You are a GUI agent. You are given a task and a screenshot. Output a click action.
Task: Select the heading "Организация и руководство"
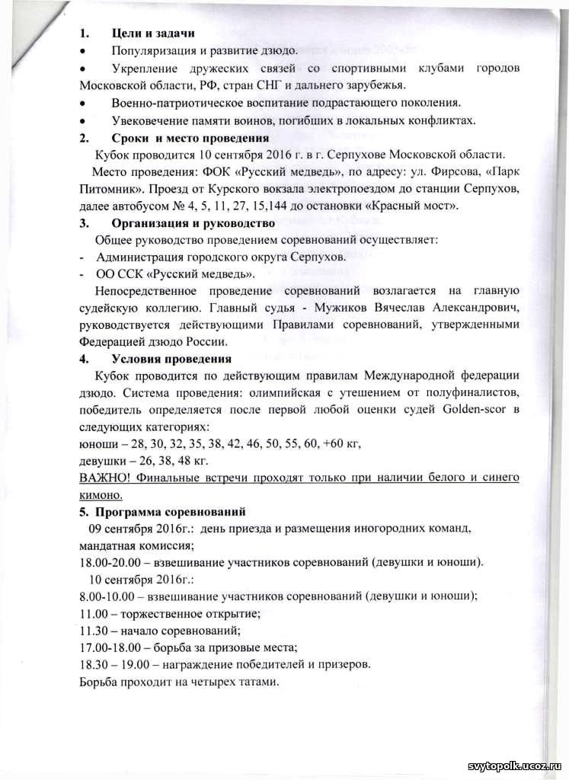point(193,223)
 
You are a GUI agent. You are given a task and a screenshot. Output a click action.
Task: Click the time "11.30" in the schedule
point(94,631)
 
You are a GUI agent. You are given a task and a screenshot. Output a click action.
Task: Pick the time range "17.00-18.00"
point(113,647)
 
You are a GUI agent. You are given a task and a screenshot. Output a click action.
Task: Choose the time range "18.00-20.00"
point(113,563)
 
